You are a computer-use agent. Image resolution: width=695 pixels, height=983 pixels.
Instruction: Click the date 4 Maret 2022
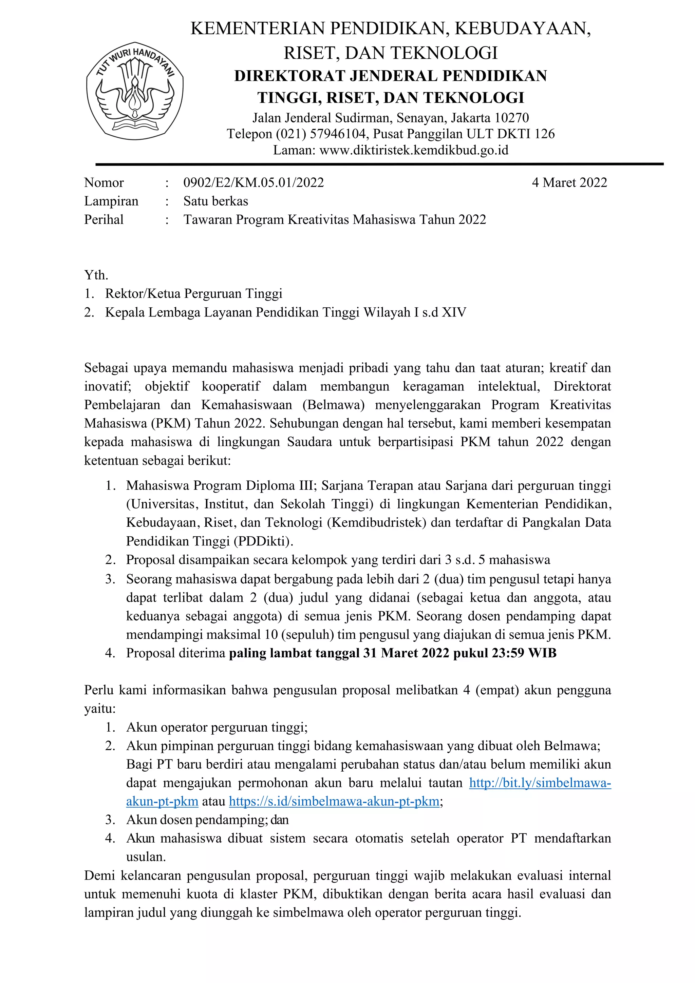pos(569,183)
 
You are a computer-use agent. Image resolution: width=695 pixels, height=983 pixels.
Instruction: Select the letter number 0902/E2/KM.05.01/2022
pos(253,183)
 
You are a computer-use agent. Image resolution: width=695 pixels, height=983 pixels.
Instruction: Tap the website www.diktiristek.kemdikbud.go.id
pos(414,150)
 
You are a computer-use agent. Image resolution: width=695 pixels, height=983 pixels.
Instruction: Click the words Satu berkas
pos(215,201)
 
